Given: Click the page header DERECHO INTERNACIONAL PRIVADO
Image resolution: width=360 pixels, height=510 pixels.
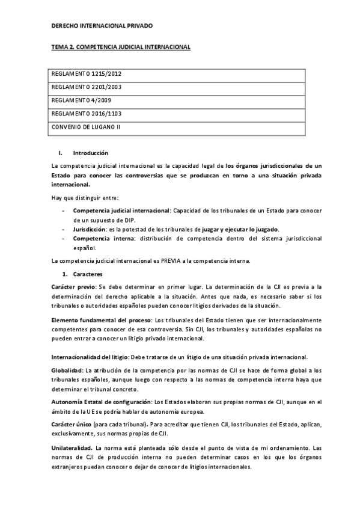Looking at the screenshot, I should click(x=102, y=26).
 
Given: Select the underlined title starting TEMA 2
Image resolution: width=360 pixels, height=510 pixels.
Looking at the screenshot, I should click(x=120, y=46).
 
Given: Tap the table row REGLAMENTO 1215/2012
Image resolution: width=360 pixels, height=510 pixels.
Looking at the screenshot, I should click(x=79, y=75).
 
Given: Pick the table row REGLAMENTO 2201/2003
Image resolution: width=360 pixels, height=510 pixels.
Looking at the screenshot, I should click(x=79, y=88).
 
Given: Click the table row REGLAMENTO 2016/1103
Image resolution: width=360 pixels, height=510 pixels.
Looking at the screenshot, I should click(x=79, y=114).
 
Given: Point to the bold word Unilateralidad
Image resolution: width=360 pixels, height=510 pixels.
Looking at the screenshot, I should click(x=72, y=448).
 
